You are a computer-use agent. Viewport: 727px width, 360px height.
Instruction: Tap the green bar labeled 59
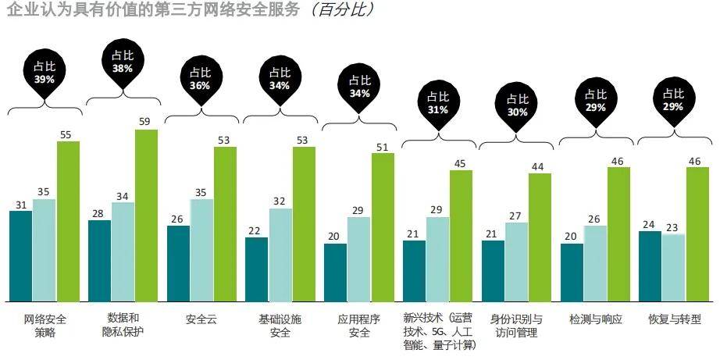click(147, 216)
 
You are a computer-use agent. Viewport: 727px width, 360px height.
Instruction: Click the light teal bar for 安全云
click(201, 250)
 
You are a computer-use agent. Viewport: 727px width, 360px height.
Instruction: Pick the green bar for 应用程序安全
click(383, 227)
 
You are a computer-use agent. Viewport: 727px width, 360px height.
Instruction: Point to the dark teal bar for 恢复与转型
click(650, 266)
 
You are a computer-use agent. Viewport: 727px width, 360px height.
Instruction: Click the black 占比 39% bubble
click(45, 73)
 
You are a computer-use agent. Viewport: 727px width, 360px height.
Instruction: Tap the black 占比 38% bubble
click(123, 62)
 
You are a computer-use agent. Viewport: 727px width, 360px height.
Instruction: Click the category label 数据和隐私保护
click(123, 324)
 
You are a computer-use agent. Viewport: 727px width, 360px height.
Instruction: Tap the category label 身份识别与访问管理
click(516, 326)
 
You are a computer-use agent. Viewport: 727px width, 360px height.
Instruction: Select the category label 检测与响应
click(596, 319)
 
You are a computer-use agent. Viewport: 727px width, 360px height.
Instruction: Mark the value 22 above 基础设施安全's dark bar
click(254, 231)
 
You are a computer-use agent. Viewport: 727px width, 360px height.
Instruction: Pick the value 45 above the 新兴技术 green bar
click(460, 164)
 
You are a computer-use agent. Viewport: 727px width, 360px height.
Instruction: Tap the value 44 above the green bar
click(540, 167)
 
